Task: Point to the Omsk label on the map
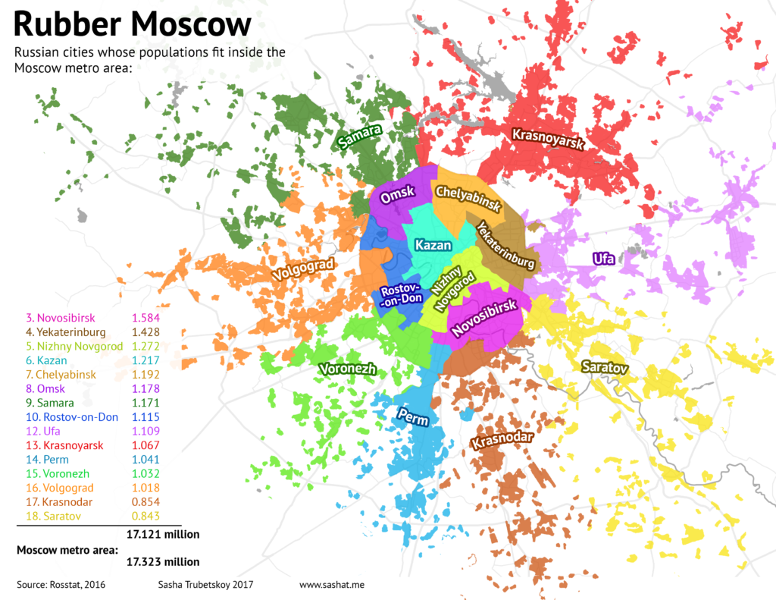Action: [398, 196]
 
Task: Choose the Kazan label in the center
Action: [433, 245]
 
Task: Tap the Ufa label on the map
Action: [604, 259]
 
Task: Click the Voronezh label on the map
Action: [348, 369]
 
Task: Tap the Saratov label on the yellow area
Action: [605, 367]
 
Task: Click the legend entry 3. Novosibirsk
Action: [61, 317]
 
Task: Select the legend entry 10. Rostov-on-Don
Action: [72, 416]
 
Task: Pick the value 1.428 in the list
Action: [146, 331]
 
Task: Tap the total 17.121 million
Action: [163, 534]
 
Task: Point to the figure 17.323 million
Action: [163, 562]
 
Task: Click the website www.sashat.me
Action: [333, 585]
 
